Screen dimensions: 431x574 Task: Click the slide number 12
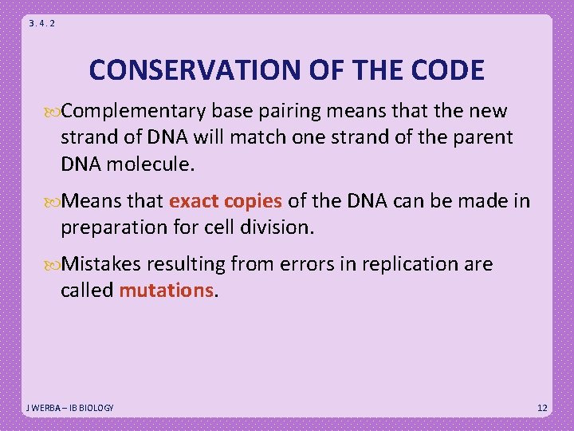[x=542, y=408]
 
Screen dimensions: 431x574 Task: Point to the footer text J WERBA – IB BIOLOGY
[x=70, y=408]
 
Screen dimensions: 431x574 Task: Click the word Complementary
[x=135, y=111]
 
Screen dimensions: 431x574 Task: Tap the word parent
[x=482, y=137]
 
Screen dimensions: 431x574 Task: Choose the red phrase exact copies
[x=226, y=201]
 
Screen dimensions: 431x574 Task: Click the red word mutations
[x=167, y=291]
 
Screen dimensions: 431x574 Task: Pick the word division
[x=276, y=227]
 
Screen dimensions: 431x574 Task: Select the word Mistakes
[x=104, y=264]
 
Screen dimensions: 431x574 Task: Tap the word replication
[x=407, y=264]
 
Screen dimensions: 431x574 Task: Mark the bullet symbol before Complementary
[x=53, y=112]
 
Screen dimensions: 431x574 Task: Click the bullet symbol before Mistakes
[x=53, y=265]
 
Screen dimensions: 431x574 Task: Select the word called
[x=87, y=291]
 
